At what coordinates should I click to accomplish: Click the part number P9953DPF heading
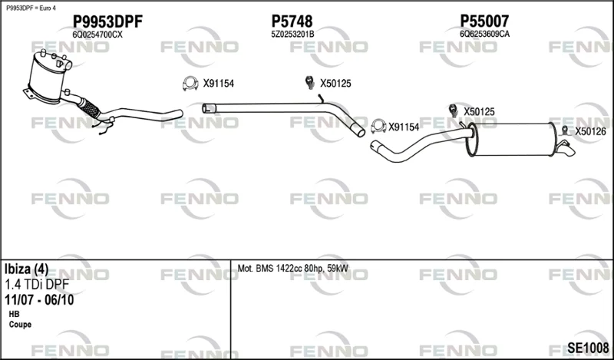pyautogui.click(x=107, y=22)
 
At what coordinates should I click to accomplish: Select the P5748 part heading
pyautogui.click(x=292, y=21)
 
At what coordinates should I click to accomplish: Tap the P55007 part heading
pyautogui.click(x=484, y=21)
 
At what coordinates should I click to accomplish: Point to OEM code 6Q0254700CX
pyautogui.click(x=97, y=35)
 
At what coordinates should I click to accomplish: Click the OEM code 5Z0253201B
pyautogui.click(x=292, y=35)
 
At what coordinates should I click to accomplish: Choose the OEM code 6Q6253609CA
pyautogui.click(x=485, y=34)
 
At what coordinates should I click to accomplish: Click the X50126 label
pyautogui.click(x=590, y=131)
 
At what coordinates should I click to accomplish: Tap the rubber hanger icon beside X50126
pyautogui.click(x=565, y=131)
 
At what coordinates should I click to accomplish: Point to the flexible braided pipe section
pyautogui.click(x=90, y=107)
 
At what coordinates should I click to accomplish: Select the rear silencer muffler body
pyautogui.click(x=512, y=139)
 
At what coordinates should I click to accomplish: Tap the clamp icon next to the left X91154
pyautogui.click(x=190, y=83)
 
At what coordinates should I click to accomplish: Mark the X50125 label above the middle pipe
pyautogui.click(x=335, y=84)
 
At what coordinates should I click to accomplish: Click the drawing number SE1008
pyautogui.click(x=588, y=348)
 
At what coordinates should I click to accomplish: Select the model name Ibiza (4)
pyautogui.click(x=27, y=269)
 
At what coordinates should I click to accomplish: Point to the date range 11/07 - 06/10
pyautogui.click(x=39, y=300)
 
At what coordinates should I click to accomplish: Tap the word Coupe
pyautogui.click(x=20, y=325)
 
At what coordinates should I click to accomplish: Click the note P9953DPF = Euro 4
pyautogui.click(x=31, y=8)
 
